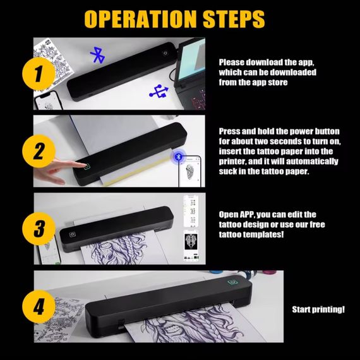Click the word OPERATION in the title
point(141,19)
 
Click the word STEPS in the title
point(234,19)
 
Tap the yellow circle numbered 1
point(39,74)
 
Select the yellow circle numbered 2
point(39,151)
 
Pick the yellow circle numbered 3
point(39,229)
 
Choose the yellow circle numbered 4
point(39,306)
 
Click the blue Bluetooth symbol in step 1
point(98,55)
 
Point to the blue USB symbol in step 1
point(159,91)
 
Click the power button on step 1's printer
point(165,53)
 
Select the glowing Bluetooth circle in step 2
point(178,157)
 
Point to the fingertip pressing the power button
point(83,165)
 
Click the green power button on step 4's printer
point(232,282)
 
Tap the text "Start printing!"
point(318,309)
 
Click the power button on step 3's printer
point(73,234)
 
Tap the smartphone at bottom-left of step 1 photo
point(48,100)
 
